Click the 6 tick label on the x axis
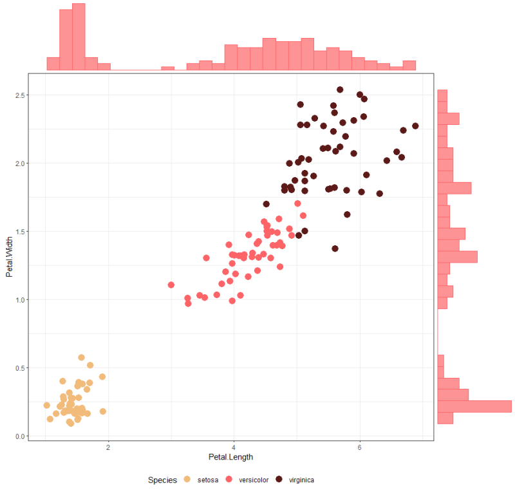[x=360, y=447]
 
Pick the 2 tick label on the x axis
[x=108, y=447]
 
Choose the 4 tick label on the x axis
[x=234, y=447]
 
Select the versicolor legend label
[x=253, y=480]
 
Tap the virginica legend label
[x=301, y=480]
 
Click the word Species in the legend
[x=162, y=480]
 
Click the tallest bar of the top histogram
[x=79, y=37]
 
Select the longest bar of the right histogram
[x=474, y=406]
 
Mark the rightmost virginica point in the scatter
[x=415, y=126]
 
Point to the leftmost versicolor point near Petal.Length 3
[x=171, y=285]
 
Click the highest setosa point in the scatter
[x=81, y=357]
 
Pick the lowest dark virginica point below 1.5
[x=335, y=248]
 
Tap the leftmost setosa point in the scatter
[x=46, y=405]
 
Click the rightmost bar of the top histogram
[x=409, y=65]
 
